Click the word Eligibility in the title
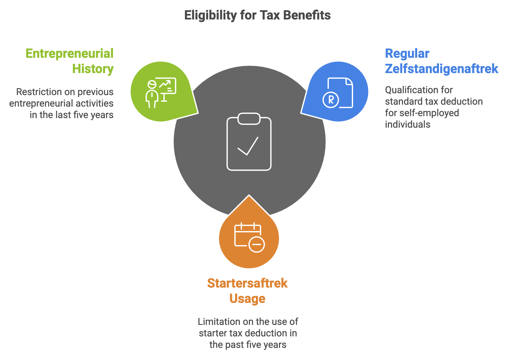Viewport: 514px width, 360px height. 211,16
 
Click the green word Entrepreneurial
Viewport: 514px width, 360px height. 70,54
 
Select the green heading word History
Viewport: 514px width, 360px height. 93,69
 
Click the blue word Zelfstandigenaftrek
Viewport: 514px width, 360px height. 442,69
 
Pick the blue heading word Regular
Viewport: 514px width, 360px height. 407,54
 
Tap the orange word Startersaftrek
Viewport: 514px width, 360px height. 247,283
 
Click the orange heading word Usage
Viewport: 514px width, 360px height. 247,299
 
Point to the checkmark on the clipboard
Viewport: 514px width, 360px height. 248,146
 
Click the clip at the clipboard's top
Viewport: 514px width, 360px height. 249,119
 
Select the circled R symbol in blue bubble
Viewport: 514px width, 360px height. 331,100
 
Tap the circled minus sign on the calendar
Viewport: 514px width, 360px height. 257,244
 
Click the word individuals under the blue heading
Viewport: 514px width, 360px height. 407,124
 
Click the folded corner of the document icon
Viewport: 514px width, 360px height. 349,82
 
